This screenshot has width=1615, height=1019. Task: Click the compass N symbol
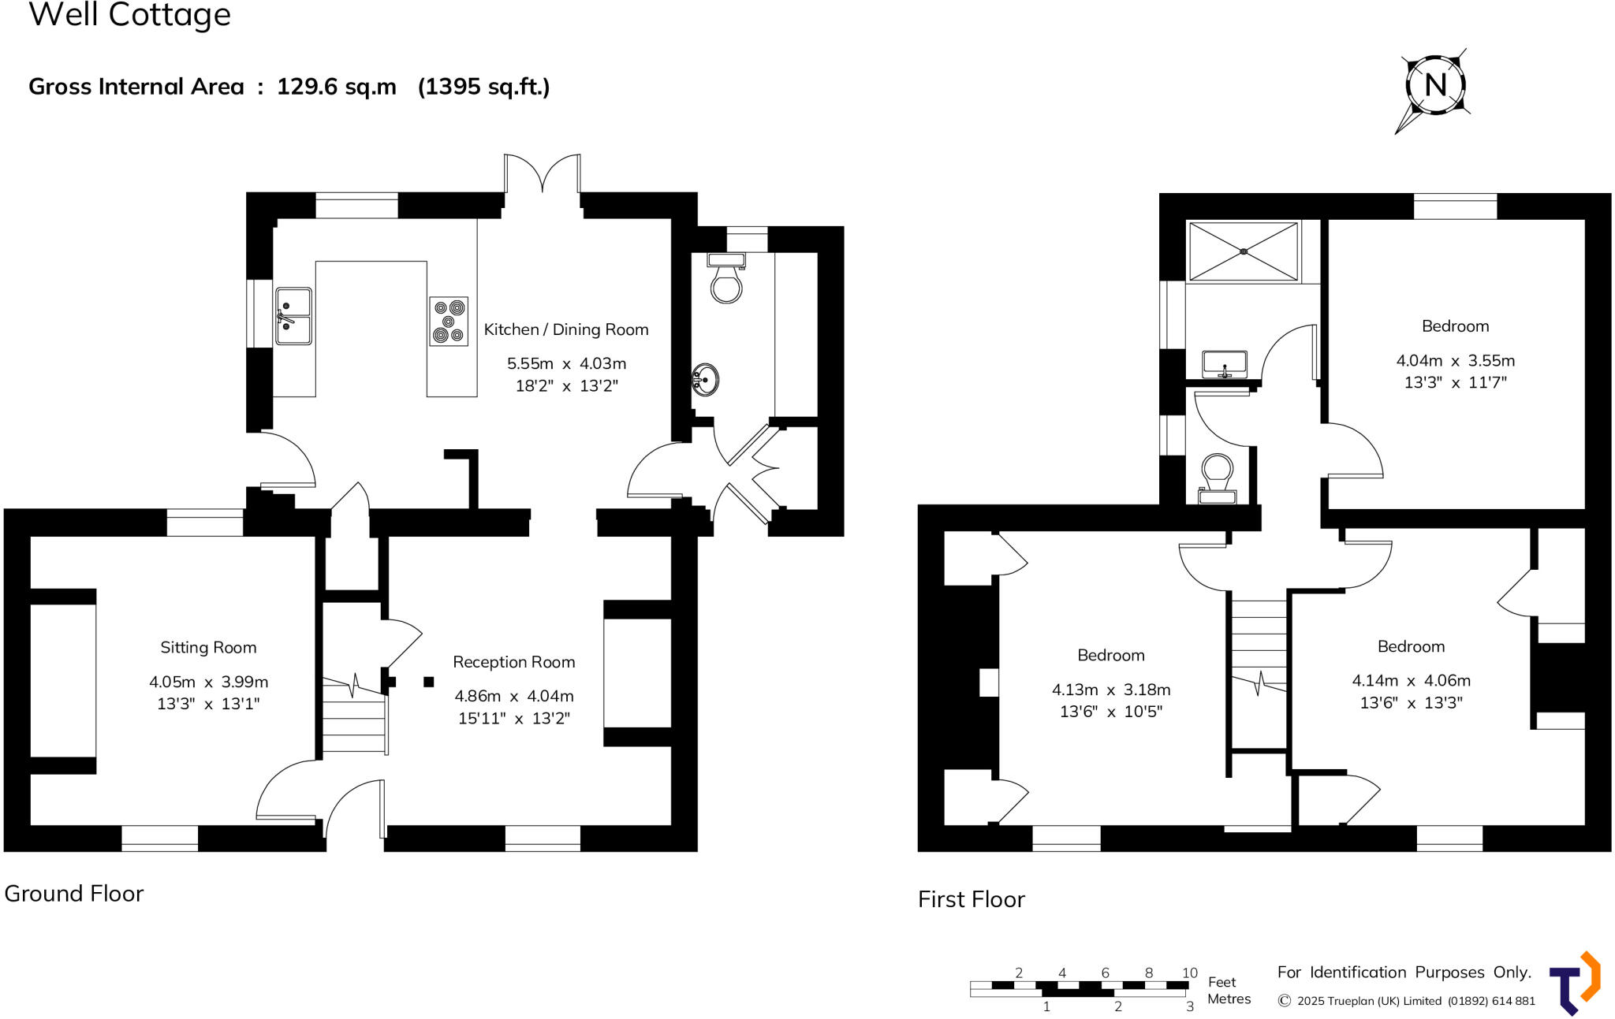(1435, 85)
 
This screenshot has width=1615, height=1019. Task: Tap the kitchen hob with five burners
(449, 321)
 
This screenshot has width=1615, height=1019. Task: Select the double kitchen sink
(293, 316)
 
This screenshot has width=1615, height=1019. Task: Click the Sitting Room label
(208, 648)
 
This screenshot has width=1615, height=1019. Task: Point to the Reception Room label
(513, 662)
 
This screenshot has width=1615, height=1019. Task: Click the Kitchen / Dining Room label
(565, 329)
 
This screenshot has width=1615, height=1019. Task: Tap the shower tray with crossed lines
(1243, 251)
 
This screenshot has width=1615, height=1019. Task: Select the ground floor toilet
(726, 280)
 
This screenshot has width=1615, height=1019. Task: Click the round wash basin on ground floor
(705, 380)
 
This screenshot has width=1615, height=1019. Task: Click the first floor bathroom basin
(1224, 365)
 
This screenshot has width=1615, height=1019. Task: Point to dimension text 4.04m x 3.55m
(1455, 361)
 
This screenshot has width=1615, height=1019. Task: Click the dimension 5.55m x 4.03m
(566, 363)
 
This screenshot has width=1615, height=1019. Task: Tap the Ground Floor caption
(74, 894)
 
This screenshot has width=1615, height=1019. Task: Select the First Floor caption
(971, 899)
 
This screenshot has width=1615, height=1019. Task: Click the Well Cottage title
(130, 16)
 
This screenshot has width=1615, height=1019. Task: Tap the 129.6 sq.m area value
(336, 87)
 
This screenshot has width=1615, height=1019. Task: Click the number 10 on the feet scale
(1189, 973)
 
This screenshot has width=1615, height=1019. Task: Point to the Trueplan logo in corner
(1574, 984)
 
